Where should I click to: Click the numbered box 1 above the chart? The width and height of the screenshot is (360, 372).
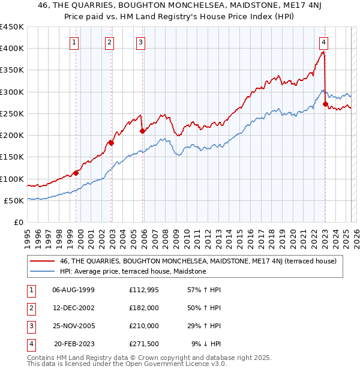(x=74, y=42)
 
